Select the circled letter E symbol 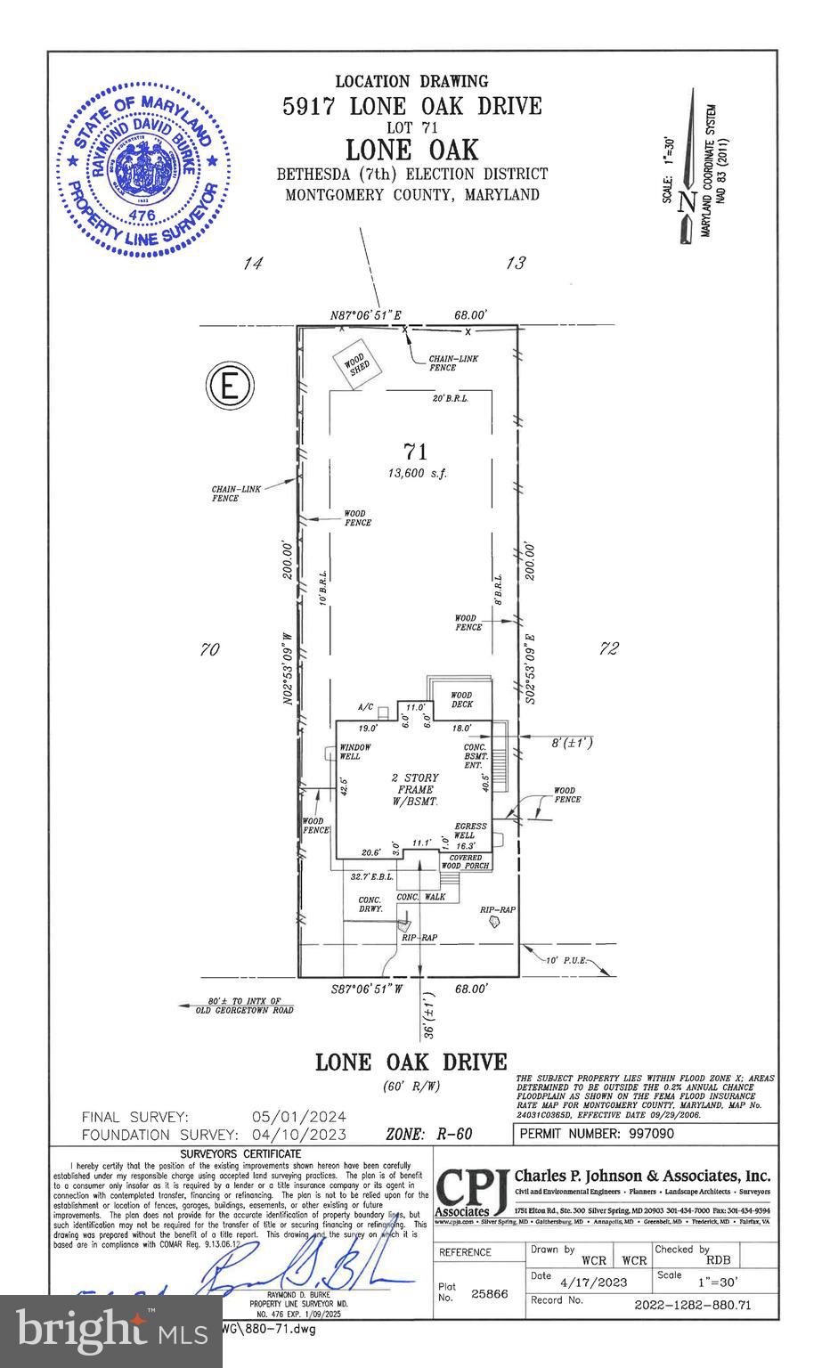click(230, 387)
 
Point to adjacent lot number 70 click(209, 650)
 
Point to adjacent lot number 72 click(608, 649)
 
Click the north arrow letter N click(686, 202)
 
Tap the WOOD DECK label click(461, 700)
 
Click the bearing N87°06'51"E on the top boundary click(366, 315)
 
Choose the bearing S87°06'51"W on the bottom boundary click(366, 989)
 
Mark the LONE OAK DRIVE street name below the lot click(411, 1063)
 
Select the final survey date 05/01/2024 click(299, 1117)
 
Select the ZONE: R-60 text click(428, 1135)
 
